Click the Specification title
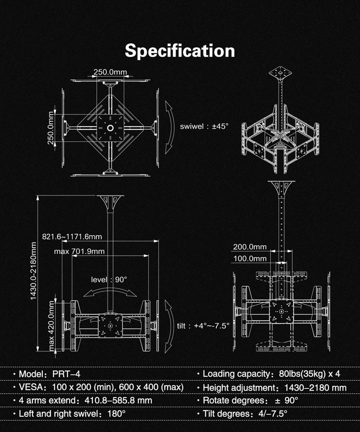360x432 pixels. (180, 51)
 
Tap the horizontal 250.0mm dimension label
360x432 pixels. (110, 72)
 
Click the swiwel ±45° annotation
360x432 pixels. (204, 126)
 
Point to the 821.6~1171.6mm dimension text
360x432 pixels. (72, 237)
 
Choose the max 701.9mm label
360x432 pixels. (79, 251)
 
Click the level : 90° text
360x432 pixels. (109, 280)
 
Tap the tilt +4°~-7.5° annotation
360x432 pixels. (203, 326)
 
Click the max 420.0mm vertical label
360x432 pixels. (51, 326)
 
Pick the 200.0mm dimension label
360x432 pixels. (250, 247)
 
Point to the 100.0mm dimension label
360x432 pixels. (250, 258)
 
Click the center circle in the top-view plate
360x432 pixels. (110, 128)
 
